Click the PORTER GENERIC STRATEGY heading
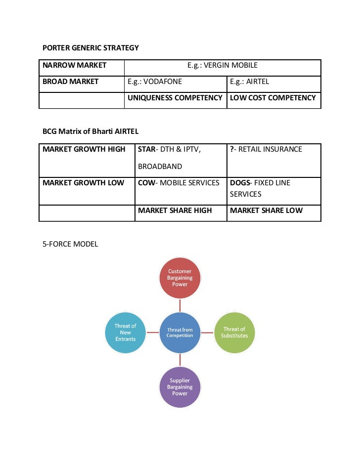pyautogui.click(x=90, y=48)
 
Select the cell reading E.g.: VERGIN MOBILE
pyautogui.click(x=222, y=65)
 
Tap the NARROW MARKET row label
pyautogui.click(x=75, y=65)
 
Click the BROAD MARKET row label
pyautogui.click(x=71, y=82)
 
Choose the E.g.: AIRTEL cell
pyautogui.click(x=250, y=82)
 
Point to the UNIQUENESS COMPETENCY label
pyautogui.click(x=175, y=98)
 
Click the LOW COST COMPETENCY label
pyautogui.click(x=273, y=98)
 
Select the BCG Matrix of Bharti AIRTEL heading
pyautogui.click(x=90, y=131)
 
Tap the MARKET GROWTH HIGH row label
pyautogui.click(x=84, y=149)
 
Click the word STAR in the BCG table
pyautogui.click(x=146, y=149)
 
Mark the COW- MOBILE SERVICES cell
pyautogui.click(x=179, y=183)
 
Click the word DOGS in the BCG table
pyautogui.click(x=240, y=183)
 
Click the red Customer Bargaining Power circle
pyautogui.click(x=180, y=278)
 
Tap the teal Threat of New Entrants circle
pyautogui.click(x=126, y=333)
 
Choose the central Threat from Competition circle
pyautogui.click(x=180, y=333)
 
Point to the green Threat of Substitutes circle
pyautogui.click(x=234, y=333)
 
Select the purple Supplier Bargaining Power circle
pyautogui.click(x=180, y=387)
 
